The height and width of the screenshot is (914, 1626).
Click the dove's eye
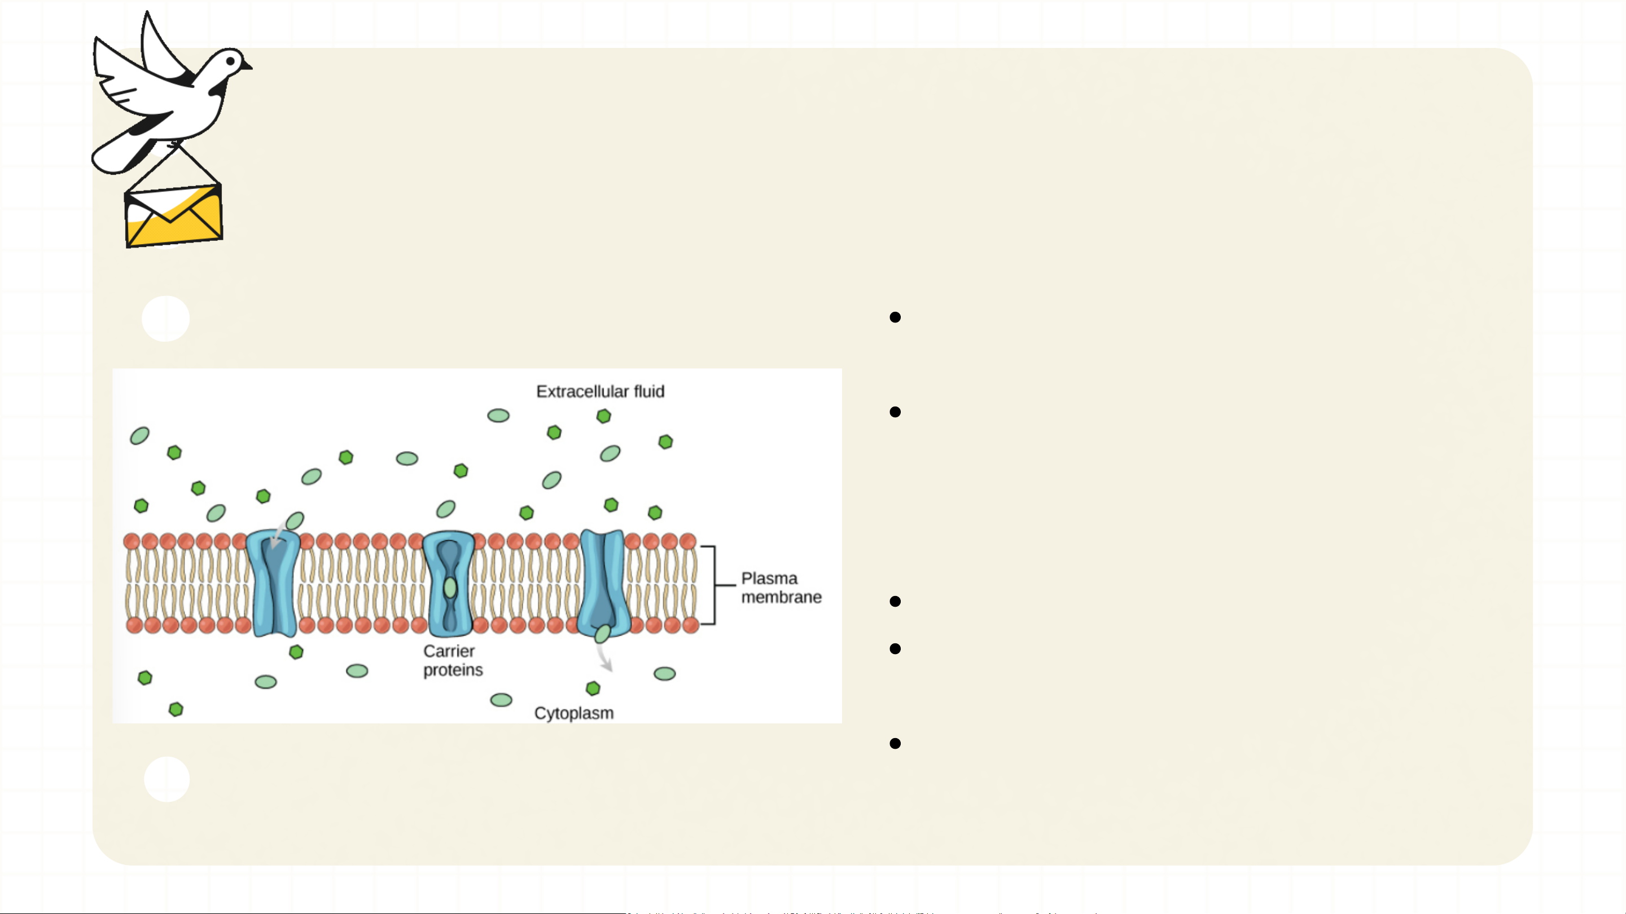[230, 61]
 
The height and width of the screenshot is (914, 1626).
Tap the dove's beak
[247, 65]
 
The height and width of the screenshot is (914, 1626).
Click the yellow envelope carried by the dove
[174, 216]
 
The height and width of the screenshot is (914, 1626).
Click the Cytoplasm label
[573, 713]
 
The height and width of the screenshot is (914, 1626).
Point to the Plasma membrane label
[781, 588]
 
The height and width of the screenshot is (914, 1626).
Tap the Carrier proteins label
[452, 660]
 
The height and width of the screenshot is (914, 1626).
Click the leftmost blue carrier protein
[273, 584]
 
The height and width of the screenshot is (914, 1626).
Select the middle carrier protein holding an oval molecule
[449, 584]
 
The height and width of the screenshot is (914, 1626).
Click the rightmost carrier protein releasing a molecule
[603, 580]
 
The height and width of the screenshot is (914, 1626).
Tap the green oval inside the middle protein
[449, 588]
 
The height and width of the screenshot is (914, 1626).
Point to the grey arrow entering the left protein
[277, 537]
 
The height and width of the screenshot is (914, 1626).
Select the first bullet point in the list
[895, 317]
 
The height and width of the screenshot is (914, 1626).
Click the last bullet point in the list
[895, 744]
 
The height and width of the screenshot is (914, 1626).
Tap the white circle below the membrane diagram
[166, 779]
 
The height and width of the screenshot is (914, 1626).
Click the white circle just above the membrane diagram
[165, 319]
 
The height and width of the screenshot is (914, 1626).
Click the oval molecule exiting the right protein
[602, 633]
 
